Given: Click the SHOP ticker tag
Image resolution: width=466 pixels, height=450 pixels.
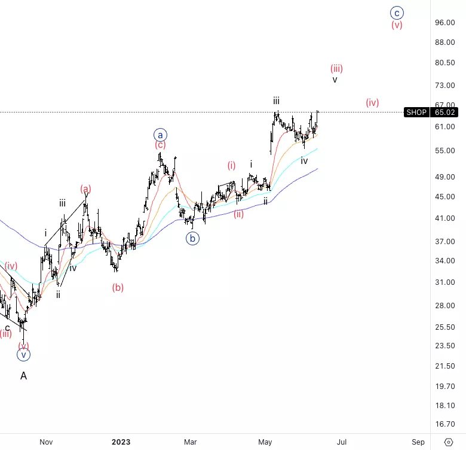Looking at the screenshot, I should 416,112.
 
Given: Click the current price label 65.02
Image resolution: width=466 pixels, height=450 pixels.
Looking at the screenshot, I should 446,112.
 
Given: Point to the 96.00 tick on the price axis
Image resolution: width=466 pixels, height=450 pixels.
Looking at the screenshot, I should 446,23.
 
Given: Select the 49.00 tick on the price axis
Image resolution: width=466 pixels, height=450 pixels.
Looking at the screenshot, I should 446,177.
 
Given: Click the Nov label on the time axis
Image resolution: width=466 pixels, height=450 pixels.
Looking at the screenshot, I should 46,442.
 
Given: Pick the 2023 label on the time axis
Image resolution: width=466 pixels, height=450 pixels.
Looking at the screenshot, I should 121,442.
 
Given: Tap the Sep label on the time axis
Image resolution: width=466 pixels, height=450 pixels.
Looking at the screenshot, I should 418,442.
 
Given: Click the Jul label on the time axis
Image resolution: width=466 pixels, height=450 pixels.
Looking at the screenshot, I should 342,442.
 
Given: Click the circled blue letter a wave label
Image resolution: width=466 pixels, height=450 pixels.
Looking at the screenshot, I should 161,135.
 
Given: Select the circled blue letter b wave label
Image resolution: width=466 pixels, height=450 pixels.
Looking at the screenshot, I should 192,238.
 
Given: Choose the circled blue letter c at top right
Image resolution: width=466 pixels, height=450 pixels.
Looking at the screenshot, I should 397,12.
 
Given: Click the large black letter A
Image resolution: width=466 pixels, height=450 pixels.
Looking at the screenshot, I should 23,376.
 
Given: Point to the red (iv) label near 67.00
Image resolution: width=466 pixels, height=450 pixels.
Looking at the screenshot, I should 373,102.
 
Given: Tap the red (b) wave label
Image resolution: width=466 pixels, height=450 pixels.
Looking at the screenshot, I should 118,287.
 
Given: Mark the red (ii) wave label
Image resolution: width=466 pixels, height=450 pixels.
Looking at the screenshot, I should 239,214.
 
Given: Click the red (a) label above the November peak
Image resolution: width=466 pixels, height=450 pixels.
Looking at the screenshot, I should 86,189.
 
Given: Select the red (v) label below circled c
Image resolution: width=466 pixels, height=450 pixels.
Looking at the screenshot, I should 397,25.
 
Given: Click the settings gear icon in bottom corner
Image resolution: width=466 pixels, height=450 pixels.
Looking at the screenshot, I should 449,442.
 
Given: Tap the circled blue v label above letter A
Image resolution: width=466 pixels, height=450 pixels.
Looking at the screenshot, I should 23,355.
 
